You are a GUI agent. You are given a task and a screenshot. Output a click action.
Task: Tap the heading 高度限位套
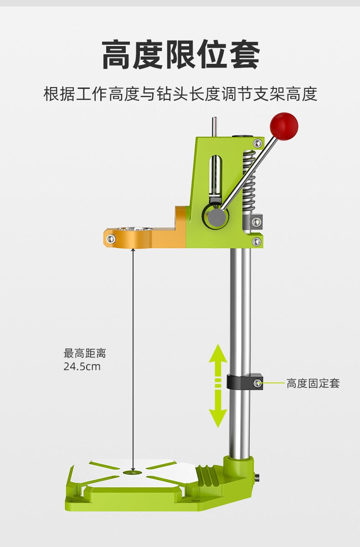tap(180, 55)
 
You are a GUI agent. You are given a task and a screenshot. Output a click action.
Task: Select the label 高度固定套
tap(313, 383)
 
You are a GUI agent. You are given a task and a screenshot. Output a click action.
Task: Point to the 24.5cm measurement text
tap(82, 366)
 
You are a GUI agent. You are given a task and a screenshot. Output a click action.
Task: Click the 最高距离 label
tap(85, 353)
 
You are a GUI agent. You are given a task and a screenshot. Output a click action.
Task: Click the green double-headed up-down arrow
tap(218, 385)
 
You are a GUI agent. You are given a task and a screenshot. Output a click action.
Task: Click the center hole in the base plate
tap(133, 473)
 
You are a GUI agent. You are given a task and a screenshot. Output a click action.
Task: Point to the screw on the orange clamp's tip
tap(110, 239)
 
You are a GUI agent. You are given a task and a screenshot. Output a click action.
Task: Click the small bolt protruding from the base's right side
tap(258, 478)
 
